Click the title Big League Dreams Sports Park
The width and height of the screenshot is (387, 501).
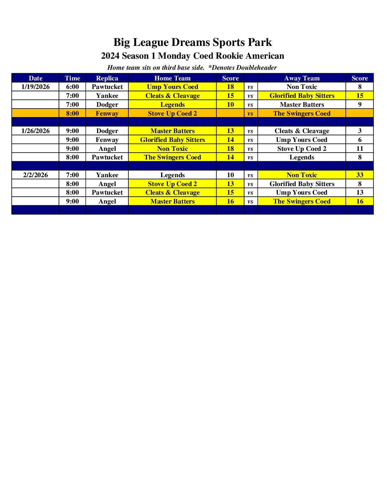192,42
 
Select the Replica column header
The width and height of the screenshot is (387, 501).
107,78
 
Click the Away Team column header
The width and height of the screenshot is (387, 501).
302,78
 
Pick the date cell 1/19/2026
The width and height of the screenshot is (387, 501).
36,87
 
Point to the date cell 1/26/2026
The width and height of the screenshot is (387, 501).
36,131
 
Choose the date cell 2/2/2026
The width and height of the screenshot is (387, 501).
36,175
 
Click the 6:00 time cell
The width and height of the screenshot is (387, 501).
72,87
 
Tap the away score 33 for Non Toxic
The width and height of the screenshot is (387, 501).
360,175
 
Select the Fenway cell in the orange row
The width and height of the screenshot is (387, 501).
107,114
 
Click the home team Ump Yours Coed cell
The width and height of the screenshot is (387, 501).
173,87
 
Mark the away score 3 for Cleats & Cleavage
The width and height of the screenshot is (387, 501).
360,131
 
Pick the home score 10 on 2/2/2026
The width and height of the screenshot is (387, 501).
230,175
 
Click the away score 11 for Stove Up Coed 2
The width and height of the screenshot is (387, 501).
360,149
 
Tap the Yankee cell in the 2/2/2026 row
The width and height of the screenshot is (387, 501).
107,175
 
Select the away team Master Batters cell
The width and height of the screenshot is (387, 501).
302,105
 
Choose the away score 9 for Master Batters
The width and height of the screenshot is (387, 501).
360,105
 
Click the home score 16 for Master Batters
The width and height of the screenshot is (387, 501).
230,201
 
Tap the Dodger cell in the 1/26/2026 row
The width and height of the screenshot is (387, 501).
107,131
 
